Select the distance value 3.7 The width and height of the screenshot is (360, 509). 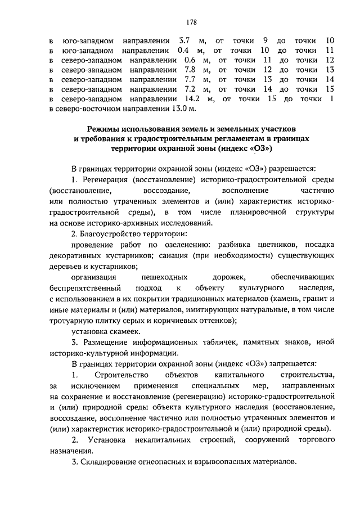pyautogui.click(x=185, y=40)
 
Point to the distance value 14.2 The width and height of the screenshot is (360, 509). pyautogui.click(x=191, y=100)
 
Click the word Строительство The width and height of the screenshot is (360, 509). pyautogui.click(x=121, y=375)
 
